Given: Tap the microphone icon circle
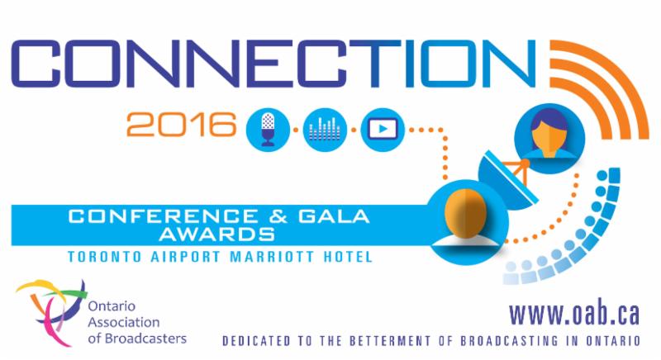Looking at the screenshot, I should tap(269, 128).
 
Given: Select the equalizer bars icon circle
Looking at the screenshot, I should tap(324, 128).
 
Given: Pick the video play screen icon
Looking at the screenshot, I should tap(381, 128).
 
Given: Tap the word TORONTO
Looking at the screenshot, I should tap(100, 257).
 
